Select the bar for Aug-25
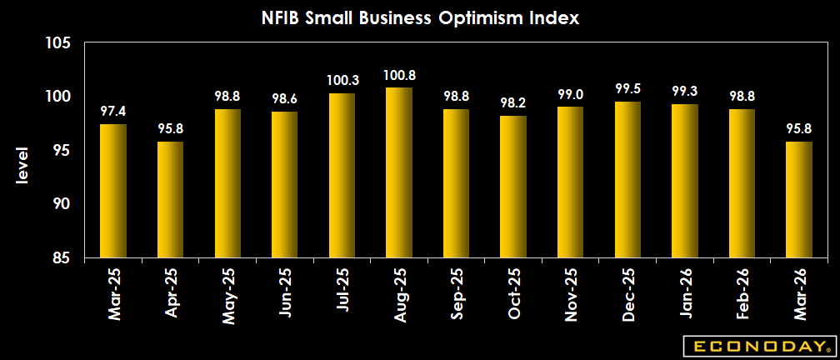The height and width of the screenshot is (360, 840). point(398,172)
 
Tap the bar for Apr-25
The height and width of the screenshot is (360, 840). point(169,200)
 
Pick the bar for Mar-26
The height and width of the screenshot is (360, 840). point(798,200)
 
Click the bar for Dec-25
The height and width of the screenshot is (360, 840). point(627,180)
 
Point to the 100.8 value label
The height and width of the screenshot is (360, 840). point(398,76)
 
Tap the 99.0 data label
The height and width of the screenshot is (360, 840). point(570,95)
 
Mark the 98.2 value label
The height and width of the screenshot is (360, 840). point(512,104)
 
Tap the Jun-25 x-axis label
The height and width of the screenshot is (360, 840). point(284,296)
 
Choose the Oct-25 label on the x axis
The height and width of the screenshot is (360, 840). point(512,296)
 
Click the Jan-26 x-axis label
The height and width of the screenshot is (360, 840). point(684,296)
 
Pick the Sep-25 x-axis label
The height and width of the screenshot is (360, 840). point(456,296)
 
